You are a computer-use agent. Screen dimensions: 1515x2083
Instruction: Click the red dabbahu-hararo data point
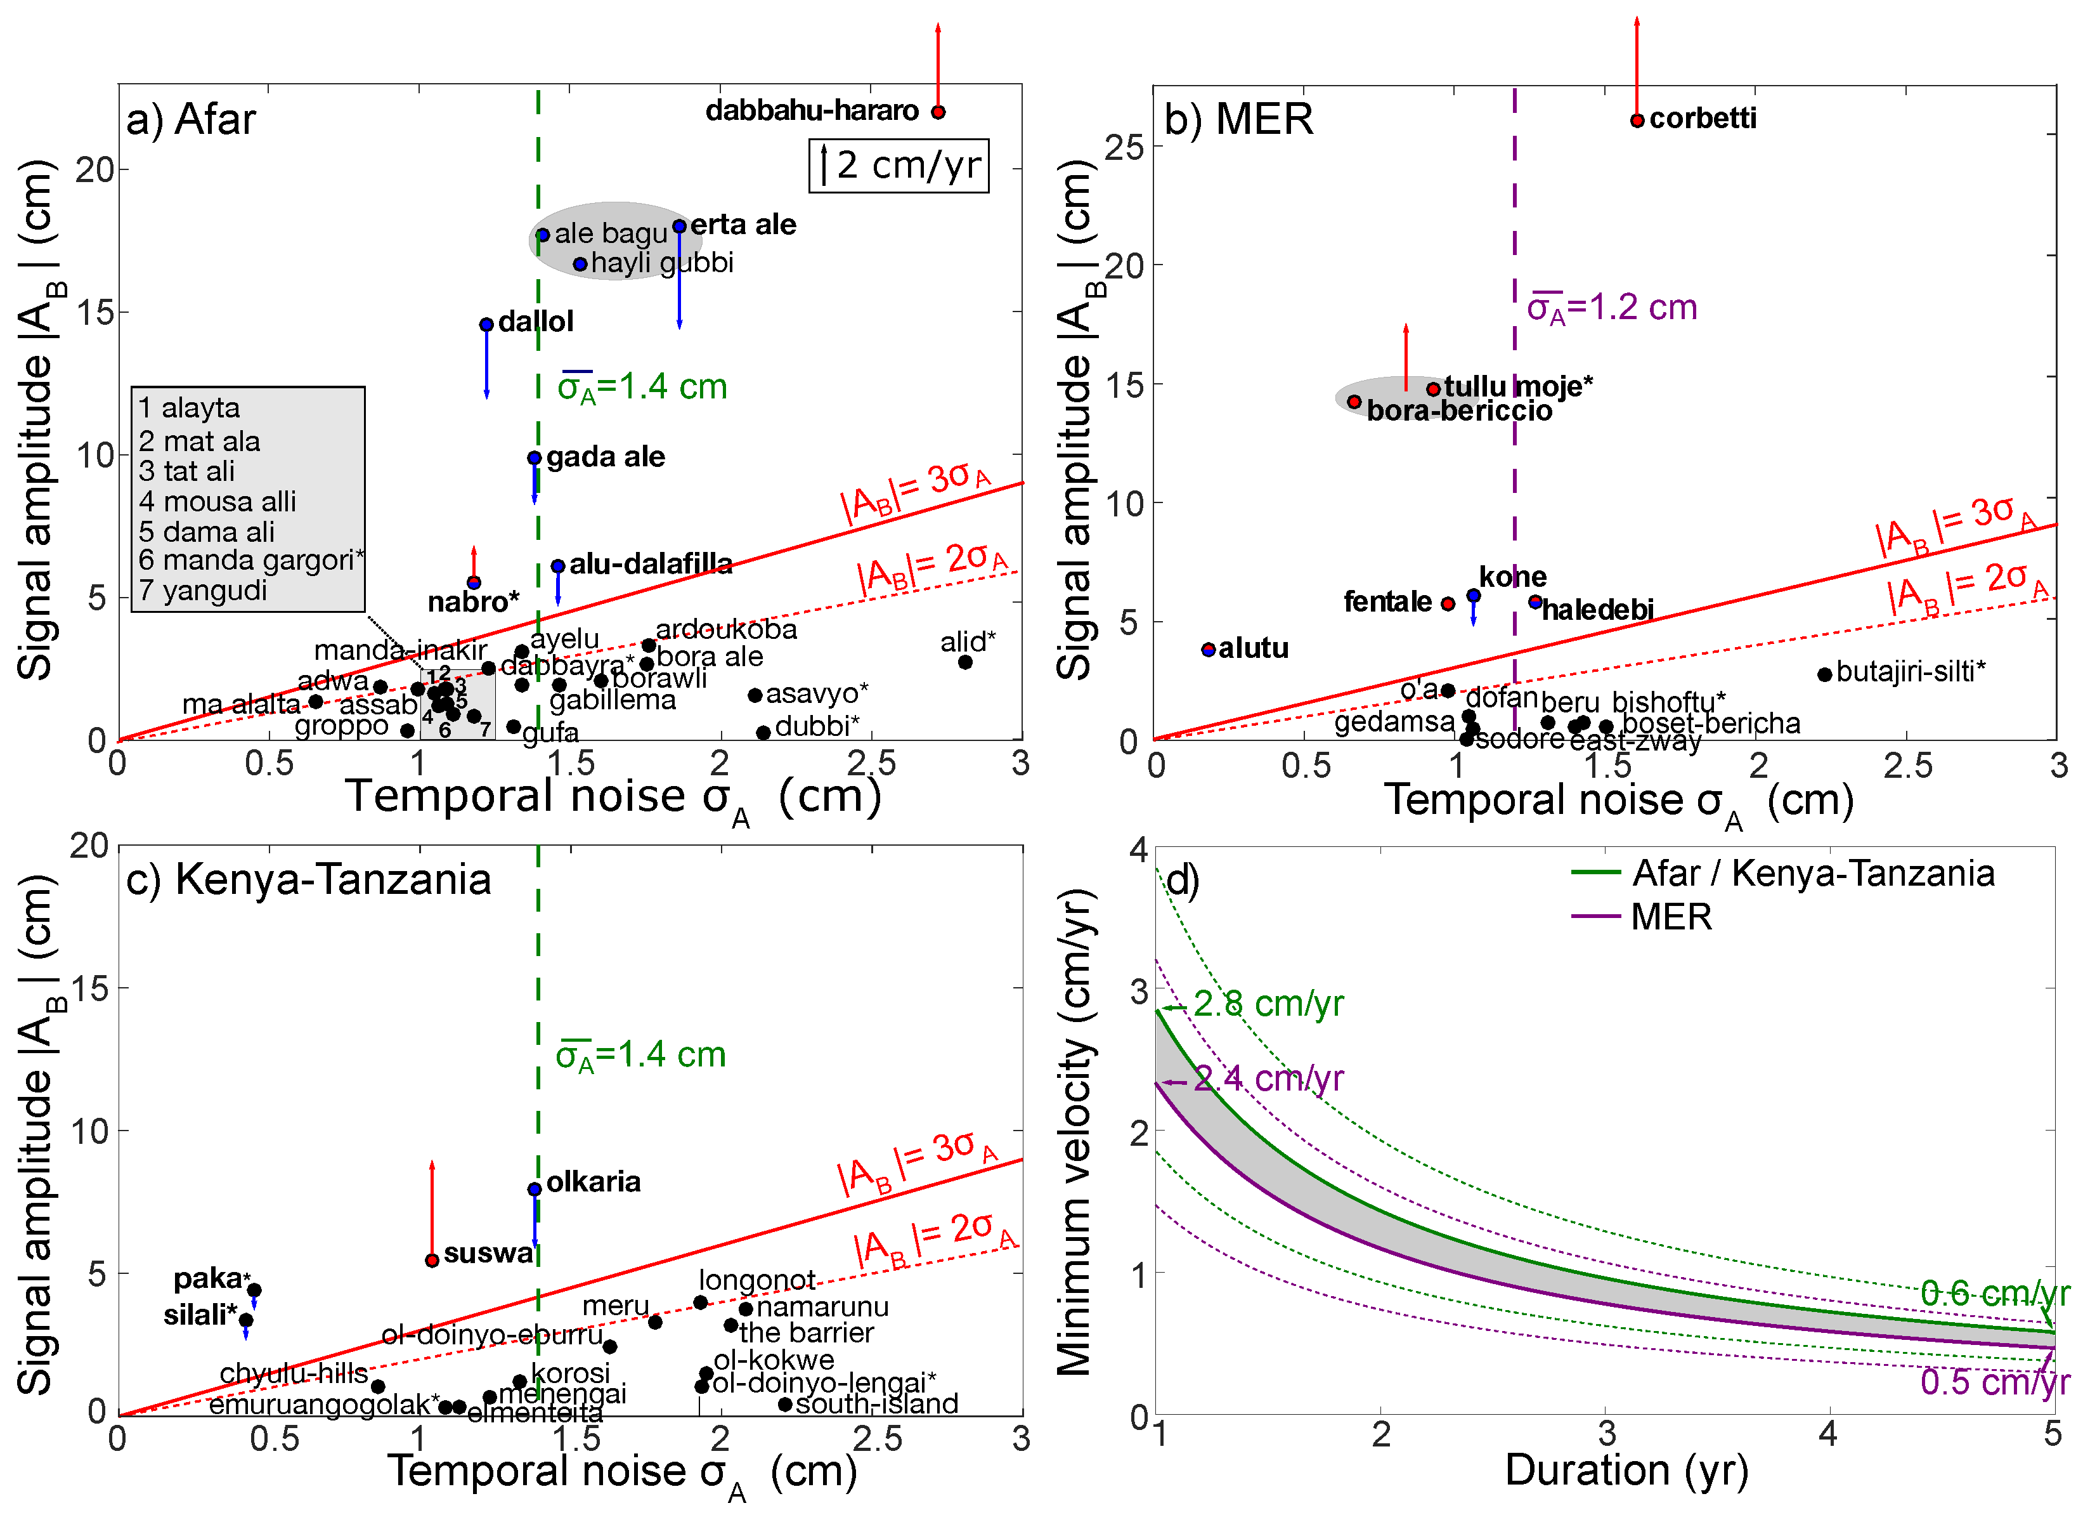pyautogui.click(x=938, y=112)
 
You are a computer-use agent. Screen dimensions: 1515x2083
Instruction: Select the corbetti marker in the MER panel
pyautogui.click(x=1637, y=121)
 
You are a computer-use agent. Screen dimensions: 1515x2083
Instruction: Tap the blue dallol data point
pyautogui.click(x=487, y=324)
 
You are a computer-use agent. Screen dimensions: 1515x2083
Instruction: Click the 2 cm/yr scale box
pyautogui.click(x=899, y=166)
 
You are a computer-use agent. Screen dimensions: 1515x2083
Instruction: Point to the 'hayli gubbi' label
pyautogui.click(x=661, y=263)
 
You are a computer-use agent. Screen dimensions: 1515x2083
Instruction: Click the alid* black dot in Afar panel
pyautogui.click(x=964, y=662)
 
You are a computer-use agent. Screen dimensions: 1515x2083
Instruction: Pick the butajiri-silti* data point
pyautogui.click(x=1825, y=674)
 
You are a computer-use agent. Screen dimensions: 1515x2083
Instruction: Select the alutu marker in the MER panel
pyautogui.click(x=1209, y=650)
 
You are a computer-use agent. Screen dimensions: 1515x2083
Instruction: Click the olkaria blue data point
pyautogui.click(x=535, y=1189)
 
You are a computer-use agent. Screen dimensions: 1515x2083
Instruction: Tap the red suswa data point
pyautogui.click(x=432, y=1259)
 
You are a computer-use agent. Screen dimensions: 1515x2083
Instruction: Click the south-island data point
pyautogui.click(x=784, y=1404)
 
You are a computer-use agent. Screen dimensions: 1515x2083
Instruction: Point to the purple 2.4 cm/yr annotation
pyautogui.click(x=1268, y=1079)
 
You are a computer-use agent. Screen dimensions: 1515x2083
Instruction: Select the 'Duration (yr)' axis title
pyautogui.click(x=1626, y=1470)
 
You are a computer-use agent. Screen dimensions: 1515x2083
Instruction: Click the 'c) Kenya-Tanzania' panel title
pyautogui.click(x=309, y=879)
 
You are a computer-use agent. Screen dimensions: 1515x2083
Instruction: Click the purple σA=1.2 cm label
pyautogui.click(x=1612, y=308)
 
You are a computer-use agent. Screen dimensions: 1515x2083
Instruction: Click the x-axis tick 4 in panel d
pyautogui.click(x=1827, y=1434)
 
